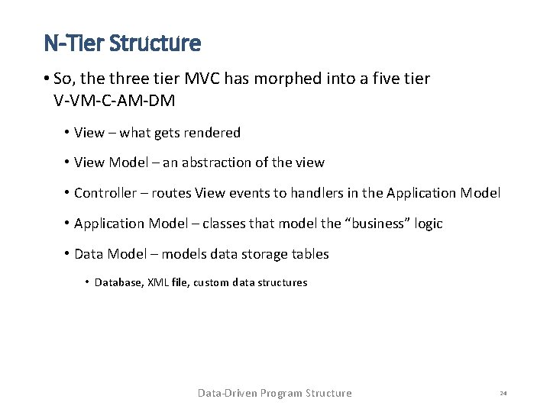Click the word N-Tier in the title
[73, 43]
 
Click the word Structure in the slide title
[155, 43]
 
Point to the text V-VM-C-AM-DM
[115, 99]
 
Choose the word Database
[118, 283]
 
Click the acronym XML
[160, 283]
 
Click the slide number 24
[503, 394]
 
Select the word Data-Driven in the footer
[227, 394]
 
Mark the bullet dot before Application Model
[67, 224]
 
